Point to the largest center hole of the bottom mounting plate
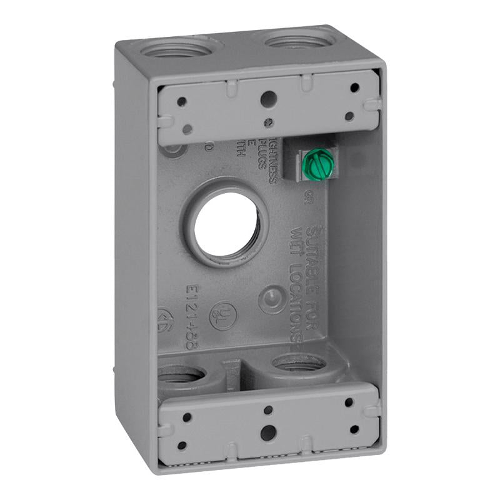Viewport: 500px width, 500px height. click(x=267, y=432)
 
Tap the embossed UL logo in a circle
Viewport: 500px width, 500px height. click(x=222, y=316)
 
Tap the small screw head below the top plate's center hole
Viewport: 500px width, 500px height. click(x=268, y=122)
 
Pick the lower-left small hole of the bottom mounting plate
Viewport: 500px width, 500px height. click(x=182, y=446)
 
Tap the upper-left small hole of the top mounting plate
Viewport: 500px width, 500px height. click(x=181, y=101)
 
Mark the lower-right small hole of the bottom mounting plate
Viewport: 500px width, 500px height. click(x=354, y=429)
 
